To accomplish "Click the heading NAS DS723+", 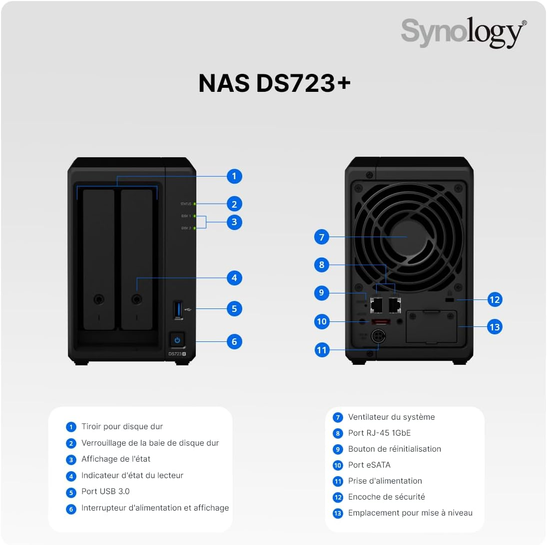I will [x=274, y=83].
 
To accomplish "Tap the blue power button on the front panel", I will [x=177, y=340].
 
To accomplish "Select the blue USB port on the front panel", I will [x=178, y=309].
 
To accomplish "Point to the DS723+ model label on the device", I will [x=177, y=354].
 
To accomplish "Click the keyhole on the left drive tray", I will [x=98, y=299].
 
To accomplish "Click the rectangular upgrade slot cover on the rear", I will [x=431, y=327].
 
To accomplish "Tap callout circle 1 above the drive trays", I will [x=234, y=176].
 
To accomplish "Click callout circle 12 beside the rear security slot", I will [x=495, y=299].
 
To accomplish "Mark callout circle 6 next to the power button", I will [x=234, y=341].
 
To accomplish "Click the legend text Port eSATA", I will [x=369, y=465].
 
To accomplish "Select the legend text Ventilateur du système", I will [x=391, y=417].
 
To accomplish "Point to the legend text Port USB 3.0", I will [x=105, y=491].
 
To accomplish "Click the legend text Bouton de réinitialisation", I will [x=394, y=449].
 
